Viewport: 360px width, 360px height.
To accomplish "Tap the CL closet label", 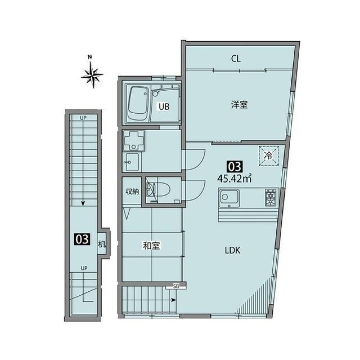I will pos(235,59).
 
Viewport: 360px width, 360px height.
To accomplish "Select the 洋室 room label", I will pos(239,105).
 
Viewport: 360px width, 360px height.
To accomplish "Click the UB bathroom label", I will pos(163,107).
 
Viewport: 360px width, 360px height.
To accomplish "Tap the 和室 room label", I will pos(151,246).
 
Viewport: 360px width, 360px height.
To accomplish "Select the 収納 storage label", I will pos(132,191).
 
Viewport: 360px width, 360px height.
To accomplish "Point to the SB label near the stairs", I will pos(176,286).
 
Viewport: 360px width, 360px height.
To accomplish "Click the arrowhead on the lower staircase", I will pos(174,300).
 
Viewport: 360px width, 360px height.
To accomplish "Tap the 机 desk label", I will pos(101,244).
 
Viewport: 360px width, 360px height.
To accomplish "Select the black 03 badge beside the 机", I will pos(82,239).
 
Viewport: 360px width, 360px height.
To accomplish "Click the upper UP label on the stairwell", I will pos(83,118).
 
